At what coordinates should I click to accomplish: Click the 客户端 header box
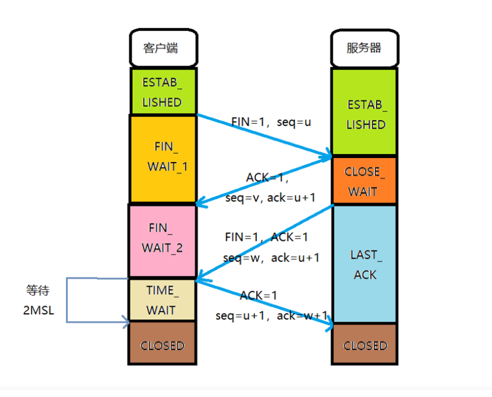coord(163,48)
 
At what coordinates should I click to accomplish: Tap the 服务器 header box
coord(364,48)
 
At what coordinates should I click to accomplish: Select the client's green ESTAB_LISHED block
coord(163,91)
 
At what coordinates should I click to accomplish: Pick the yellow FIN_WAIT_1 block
coord(163,159)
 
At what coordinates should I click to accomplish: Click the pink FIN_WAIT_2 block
coord(163,241)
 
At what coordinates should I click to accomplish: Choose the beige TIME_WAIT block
coord(162,300)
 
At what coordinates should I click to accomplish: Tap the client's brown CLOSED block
coord(162,343)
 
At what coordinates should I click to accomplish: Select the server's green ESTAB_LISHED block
coord(364,111)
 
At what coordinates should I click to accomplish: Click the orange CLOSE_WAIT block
coord(364,180)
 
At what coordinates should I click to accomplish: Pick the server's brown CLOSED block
coord(364,344)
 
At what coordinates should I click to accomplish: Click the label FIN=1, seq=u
coord(271,122)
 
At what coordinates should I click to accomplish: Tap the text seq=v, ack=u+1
coord(270,198)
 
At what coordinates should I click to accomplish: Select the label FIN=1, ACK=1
coord(266,237)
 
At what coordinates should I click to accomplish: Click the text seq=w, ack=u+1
coord(271,258)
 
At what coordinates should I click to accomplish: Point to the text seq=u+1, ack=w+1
coord(271,315)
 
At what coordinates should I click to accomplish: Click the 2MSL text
coord(39,310)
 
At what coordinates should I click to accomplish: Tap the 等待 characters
coord(38,290)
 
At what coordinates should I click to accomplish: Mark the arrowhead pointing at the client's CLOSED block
coord(126,322)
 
